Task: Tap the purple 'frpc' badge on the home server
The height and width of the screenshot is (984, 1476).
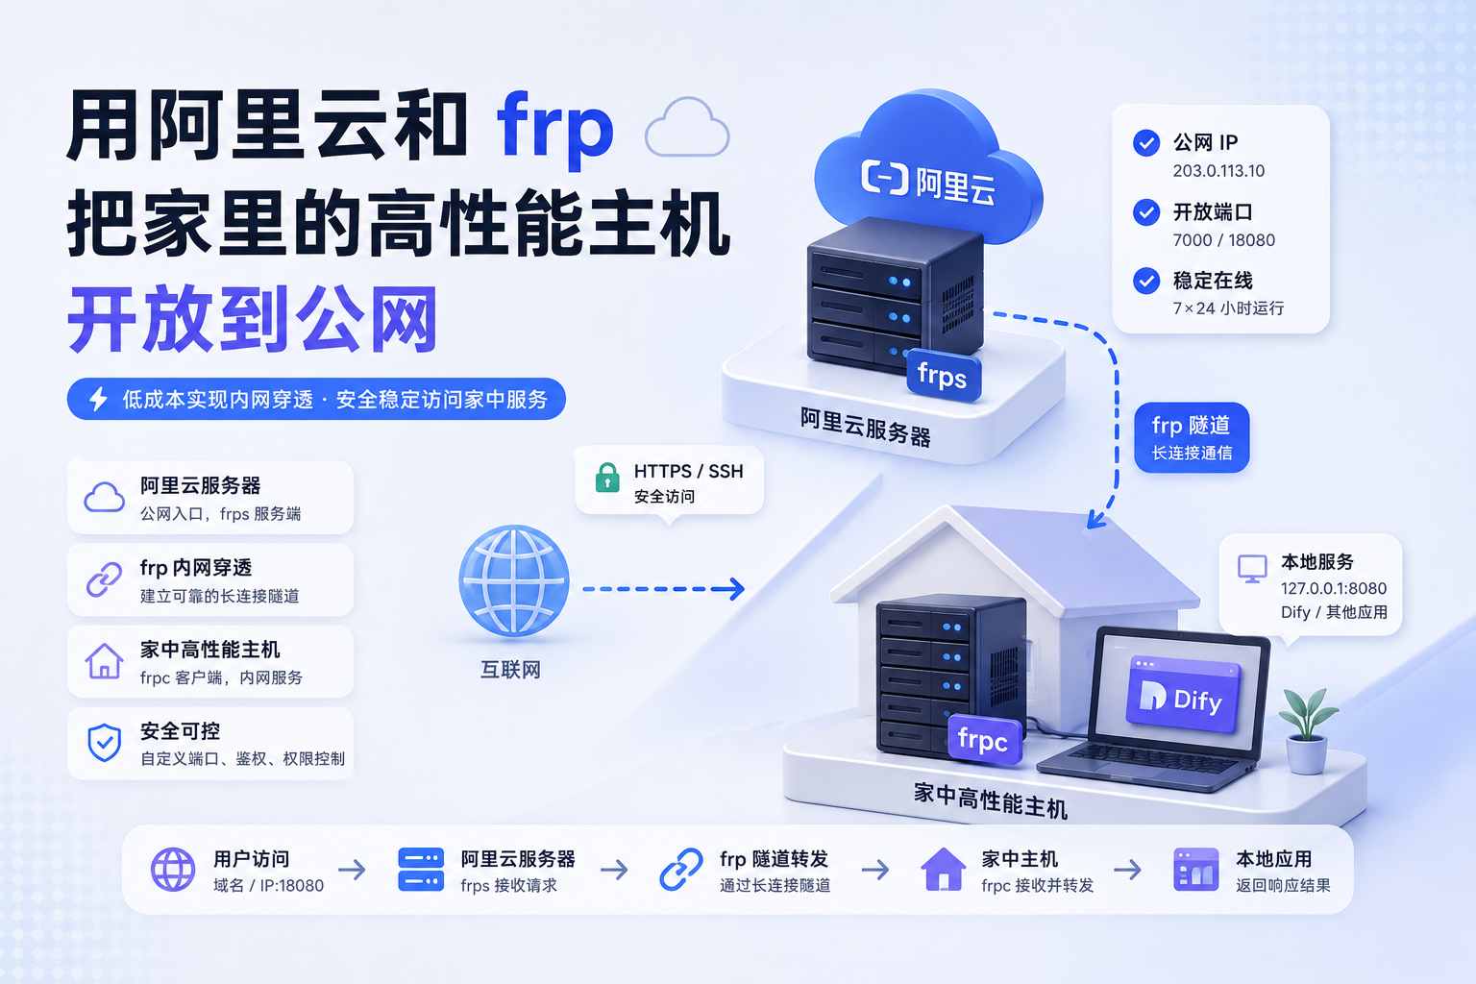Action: point(984,739)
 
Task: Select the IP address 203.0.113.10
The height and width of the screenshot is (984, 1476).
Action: point(1218,171)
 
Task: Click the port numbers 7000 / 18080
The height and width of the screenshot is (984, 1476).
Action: point(1223,240)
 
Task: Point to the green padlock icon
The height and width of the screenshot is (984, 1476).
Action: point(607,478)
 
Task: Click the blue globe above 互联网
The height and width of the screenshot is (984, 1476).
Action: point(514,580)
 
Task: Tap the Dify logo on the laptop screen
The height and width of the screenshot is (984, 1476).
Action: point(1184,696)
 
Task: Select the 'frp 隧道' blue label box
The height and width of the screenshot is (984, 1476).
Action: point(1192,437)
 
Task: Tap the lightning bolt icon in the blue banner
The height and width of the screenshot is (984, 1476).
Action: point(98,399)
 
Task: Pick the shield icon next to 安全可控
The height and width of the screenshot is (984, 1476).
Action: point(104,743)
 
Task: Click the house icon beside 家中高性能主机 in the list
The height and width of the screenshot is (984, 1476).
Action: point(104,661)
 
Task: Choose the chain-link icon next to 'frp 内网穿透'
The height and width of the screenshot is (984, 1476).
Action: point(104,579)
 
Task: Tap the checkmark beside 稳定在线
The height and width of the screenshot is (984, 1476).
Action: point(1146,281)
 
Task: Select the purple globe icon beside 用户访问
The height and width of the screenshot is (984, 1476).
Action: point(173,870)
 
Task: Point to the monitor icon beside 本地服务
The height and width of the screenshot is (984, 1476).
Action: point(1252,568)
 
